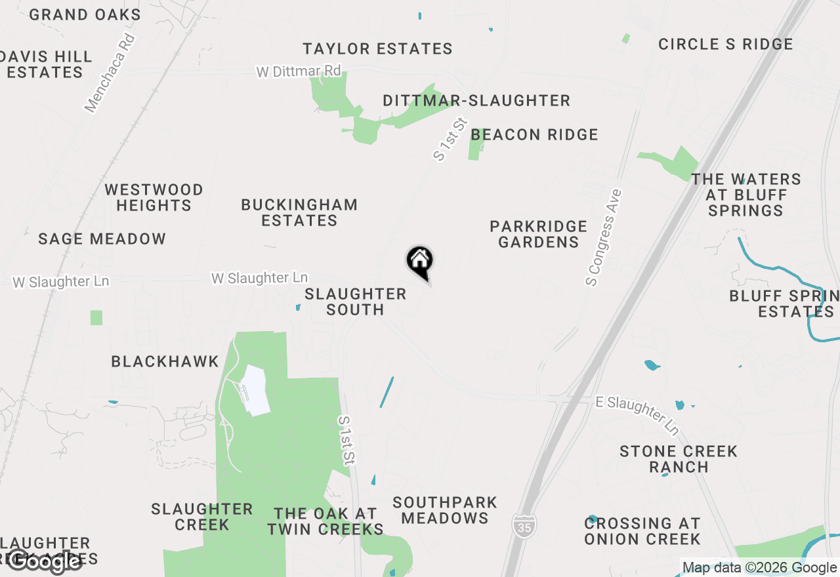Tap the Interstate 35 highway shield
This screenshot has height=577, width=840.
coord(524,524)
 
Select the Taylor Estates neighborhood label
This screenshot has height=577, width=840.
coord(377,49)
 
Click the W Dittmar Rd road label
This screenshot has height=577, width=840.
coord(299,71)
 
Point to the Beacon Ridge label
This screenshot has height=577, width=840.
coord(534,135)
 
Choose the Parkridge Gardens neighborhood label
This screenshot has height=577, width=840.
coord(538,234)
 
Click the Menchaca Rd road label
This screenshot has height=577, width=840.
coord(110,73)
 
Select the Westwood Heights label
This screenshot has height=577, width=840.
coord(154,197)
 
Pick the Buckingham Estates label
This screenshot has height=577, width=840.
coord(299,212)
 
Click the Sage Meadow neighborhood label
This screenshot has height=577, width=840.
coord(102,239)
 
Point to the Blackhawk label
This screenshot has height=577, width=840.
coord(165,362)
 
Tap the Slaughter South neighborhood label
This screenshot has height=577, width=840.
coord(355,302)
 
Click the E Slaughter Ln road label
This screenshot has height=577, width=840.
coord(637,415)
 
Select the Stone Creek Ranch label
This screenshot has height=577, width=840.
coord(679,459)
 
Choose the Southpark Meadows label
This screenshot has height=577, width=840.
coord(445,510)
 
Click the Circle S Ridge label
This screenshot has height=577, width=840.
coord(725,45)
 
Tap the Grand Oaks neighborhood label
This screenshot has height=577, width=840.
coord(85,14)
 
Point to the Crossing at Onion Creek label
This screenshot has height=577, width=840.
coord(642,531)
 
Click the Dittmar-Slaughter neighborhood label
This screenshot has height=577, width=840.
coord(476,101)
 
